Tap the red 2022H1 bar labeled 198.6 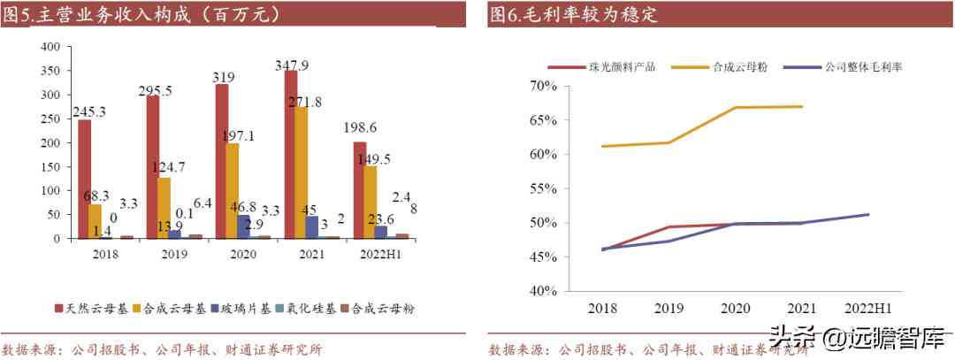click(360, 190)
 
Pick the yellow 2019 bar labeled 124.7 click(164, 208)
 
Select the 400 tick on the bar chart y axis click(50, 46)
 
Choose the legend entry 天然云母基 click(92, 309)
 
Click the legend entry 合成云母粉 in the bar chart click(383, 309)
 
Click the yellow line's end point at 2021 click(802, 106)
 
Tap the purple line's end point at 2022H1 click(867, 214)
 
